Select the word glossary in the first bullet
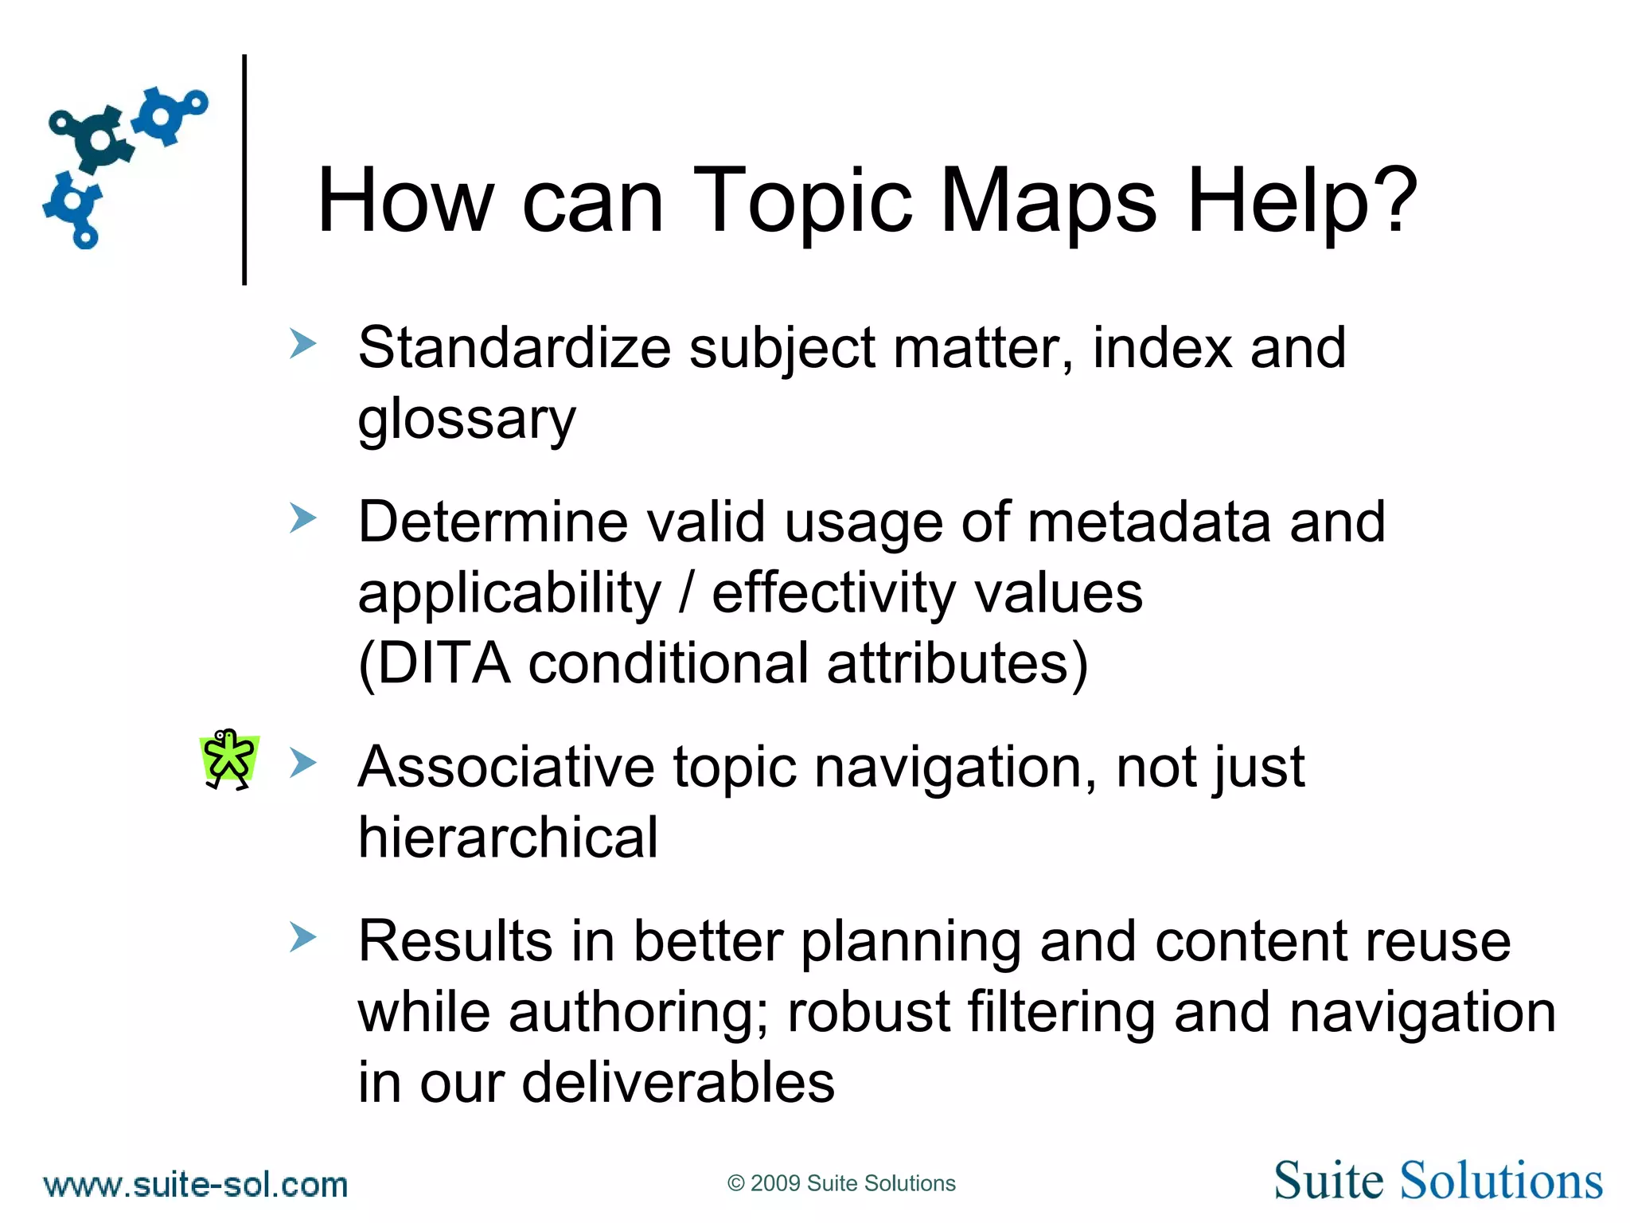click(x=466, y=420)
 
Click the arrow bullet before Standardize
click(x=302, y=344)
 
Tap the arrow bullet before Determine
click(x=302, y=518)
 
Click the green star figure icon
click(x=229, y=759)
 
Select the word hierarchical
click(x=508, y=838)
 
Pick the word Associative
click(x=506, y=767)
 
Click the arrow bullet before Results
click(x=302, y=937)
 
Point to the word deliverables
click(x=678, y=1083)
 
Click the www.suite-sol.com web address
click(x=196, y=1185)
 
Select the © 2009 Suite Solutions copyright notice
click(x=841, y=1183)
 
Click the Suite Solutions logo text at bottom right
click(x=1437, y=1181)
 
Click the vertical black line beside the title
click(x=244, y=169)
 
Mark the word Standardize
click(x=514, y=348)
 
